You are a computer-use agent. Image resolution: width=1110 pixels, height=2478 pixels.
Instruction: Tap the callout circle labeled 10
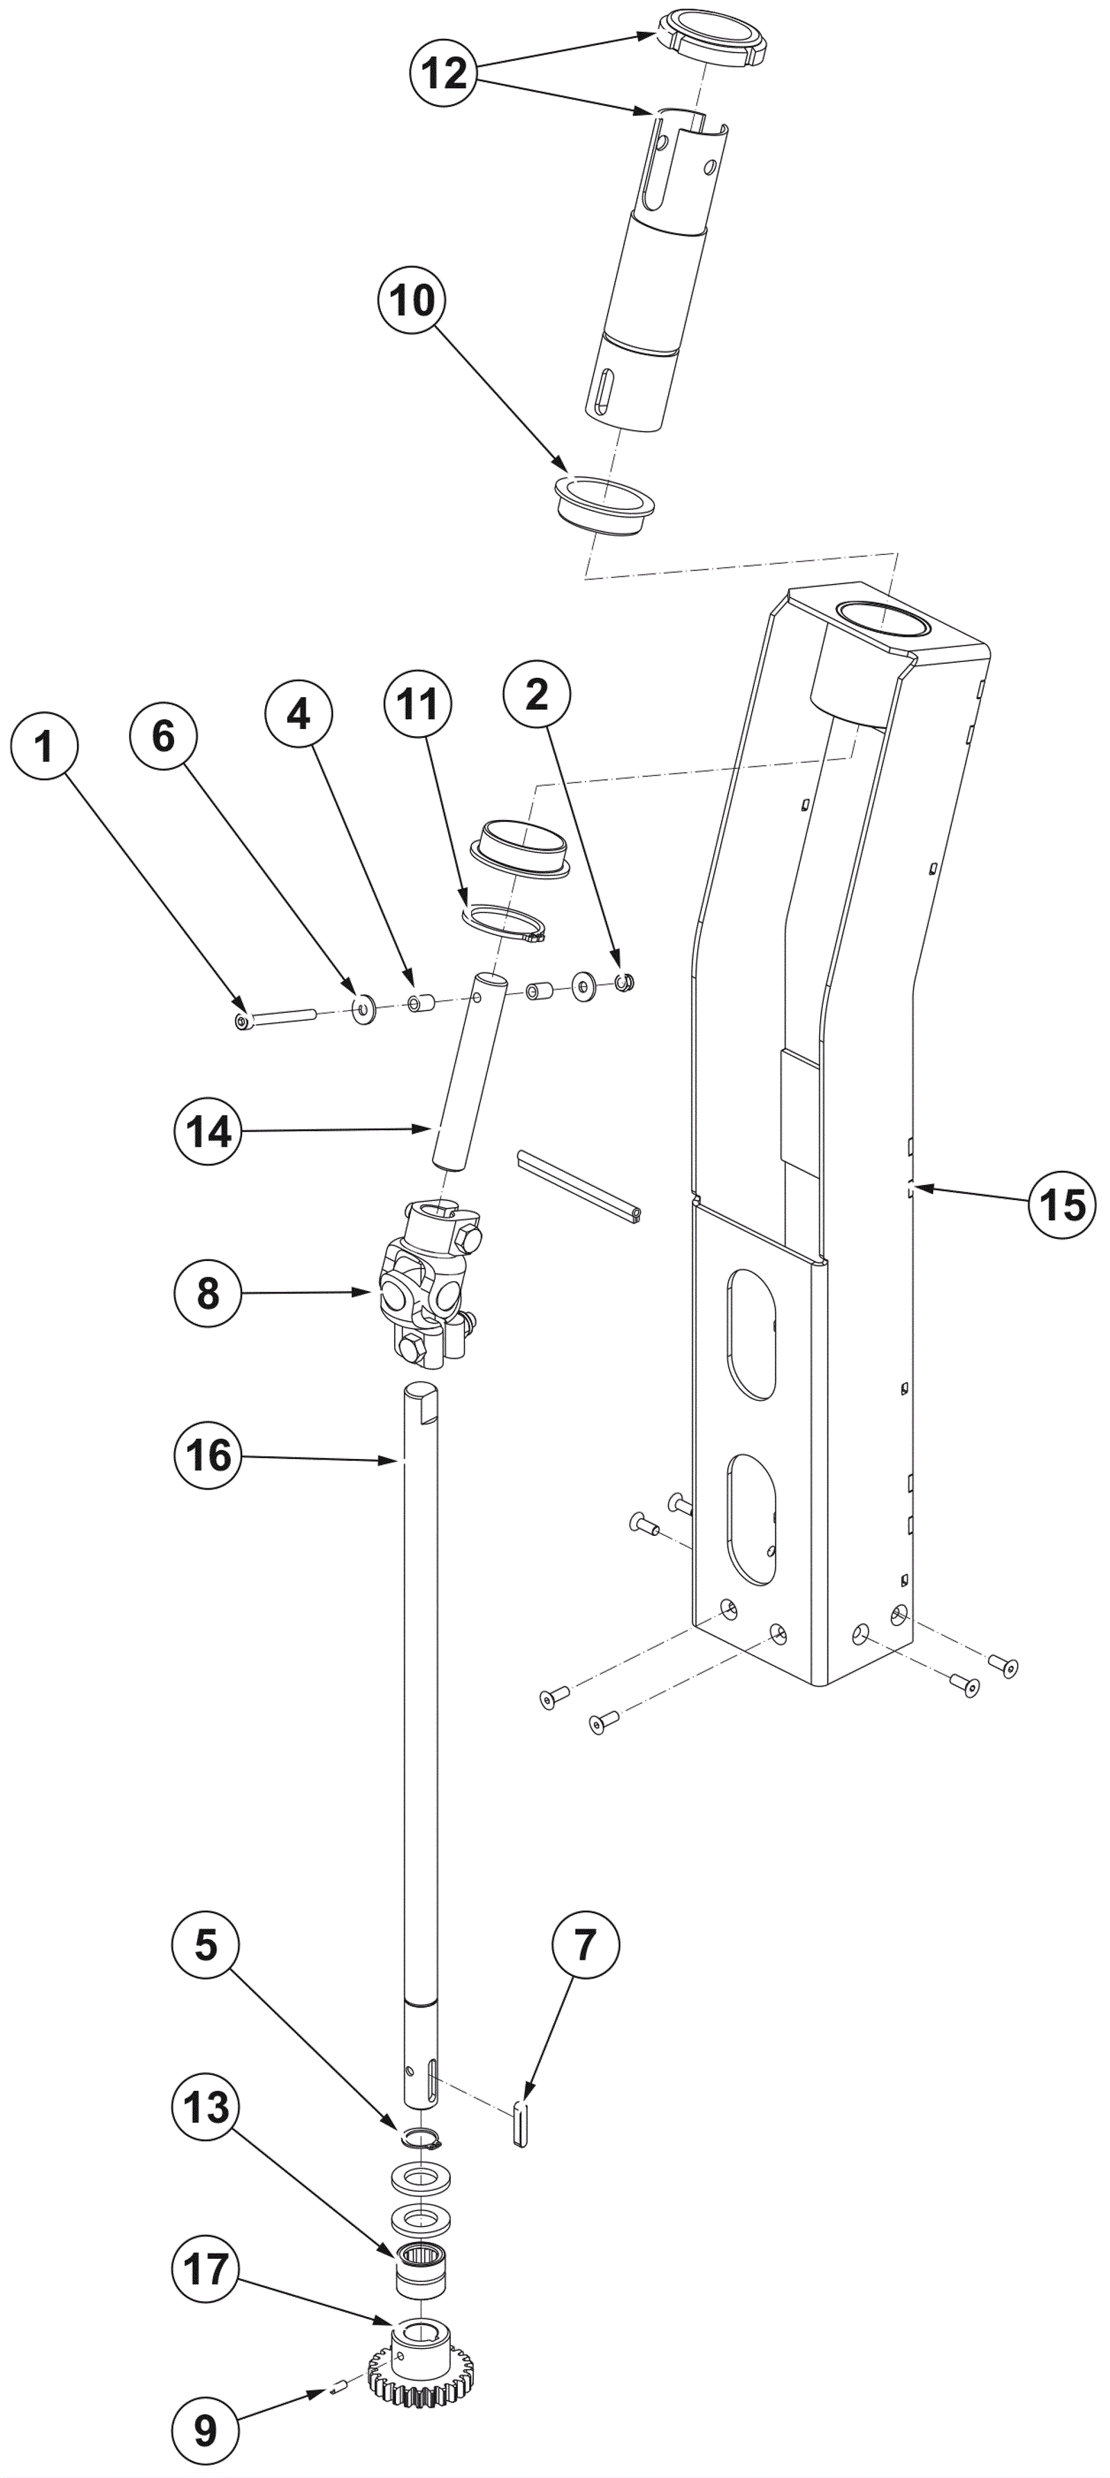click(413, 300)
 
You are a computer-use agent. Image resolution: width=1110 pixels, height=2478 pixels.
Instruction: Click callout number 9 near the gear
click(207, 2431)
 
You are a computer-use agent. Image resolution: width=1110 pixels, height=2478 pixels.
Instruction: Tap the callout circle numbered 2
click(537, 694)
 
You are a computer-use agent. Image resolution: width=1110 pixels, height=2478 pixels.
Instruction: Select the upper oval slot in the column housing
click(751, 1333)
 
